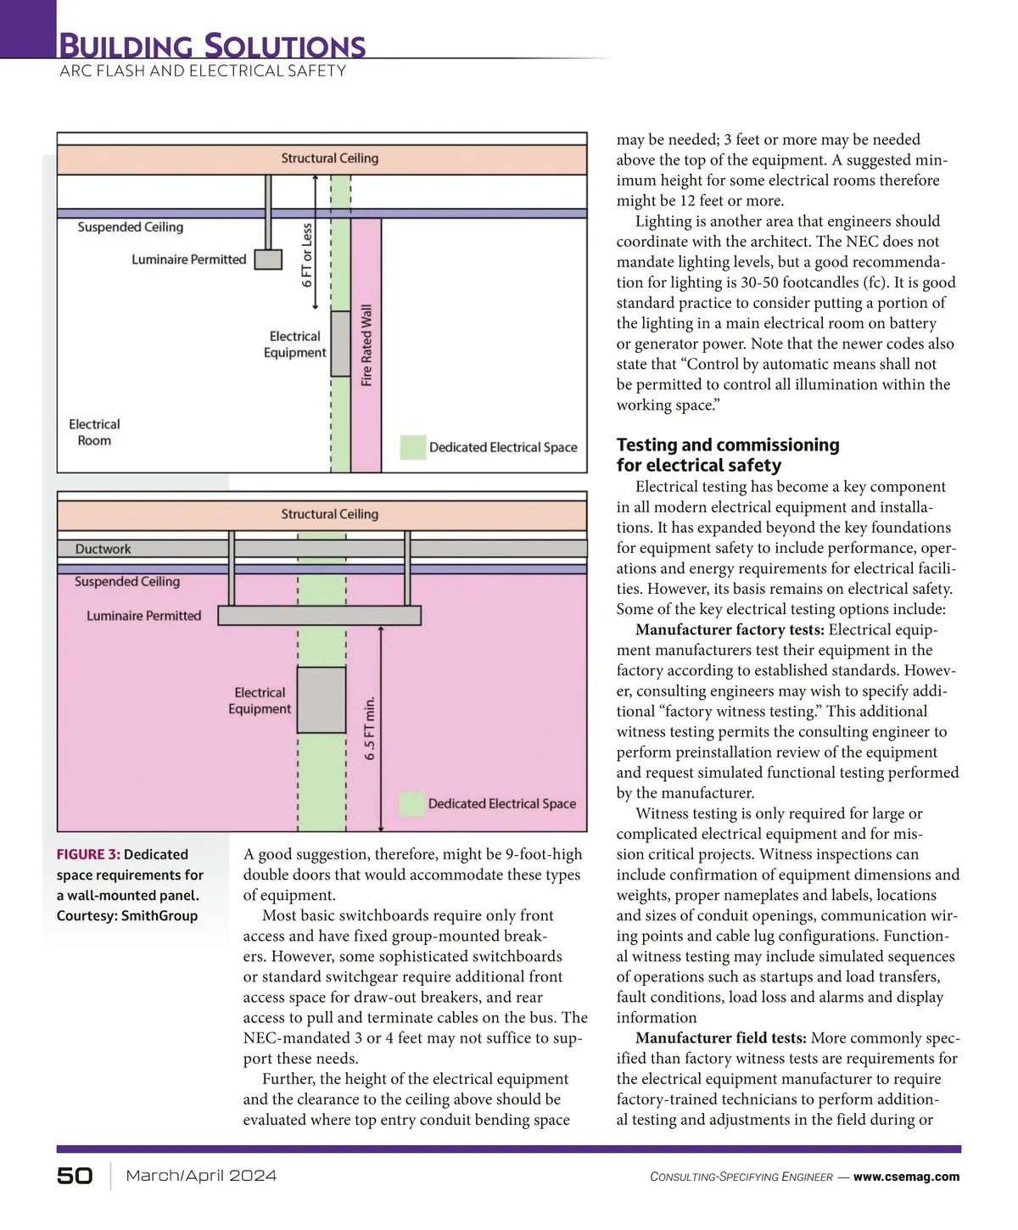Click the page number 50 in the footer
[75, 1176]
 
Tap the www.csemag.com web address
[906, 1177]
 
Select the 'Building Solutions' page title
[212, 45]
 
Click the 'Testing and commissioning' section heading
[728, 444]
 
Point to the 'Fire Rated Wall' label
[366, 345]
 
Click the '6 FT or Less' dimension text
[306, 255]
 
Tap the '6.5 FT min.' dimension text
[369, 729]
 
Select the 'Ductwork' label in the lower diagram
[103, 549]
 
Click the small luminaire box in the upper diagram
[268, 260]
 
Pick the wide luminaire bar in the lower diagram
[319, 616]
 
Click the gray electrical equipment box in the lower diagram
[321, 700]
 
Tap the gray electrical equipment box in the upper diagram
[340, 344]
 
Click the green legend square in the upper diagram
[413, 448]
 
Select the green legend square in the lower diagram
[411, 804]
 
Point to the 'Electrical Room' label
[94, 433]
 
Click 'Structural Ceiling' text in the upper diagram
[330, 159]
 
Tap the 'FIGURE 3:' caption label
[88, 854]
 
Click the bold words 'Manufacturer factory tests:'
[730, 629]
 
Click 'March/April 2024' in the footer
[201, 1176]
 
